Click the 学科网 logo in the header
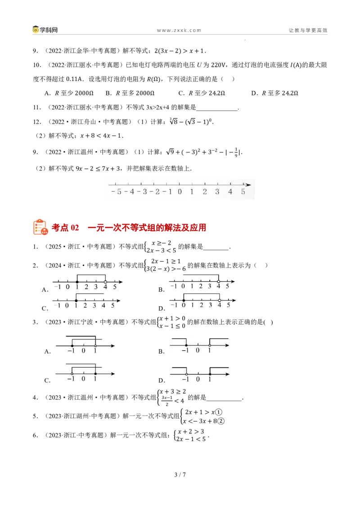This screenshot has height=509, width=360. [x=45, y=30]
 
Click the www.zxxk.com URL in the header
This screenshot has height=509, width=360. [x=179, y=30]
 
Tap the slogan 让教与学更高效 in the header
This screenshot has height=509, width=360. [x=308, y=30]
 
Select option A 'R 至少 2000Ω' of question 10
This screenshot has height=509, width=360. [x=69, y=93]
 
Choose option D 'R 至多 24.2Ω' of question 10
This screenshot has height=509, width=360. [x=274, y=93]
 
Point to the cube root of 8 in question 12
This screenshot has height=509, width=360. [x=173, y=121]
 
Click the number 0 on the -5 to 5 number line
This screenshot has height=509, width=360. [x=180, y=192]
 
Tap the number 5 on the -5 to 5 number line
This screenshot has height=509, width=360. [x=243, y=192]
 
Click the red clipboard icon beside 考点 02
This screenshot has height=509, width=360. [x=40, y=227]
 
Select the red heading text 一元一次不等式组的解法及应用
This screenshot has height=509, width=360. [x=147, y=228]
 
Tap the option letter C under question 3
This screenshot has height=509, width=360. [x=47, y=380]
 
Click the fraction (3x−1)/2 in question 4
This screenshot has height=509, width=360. [x=167, y=401]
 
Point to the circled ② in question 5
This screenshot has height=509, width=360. [x=220, y=421]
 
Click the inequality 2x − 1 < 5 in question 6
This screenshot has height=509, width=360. [x=192, y=439]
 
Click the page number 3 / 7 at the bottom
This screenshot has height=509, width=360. [x=180, y=474]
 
